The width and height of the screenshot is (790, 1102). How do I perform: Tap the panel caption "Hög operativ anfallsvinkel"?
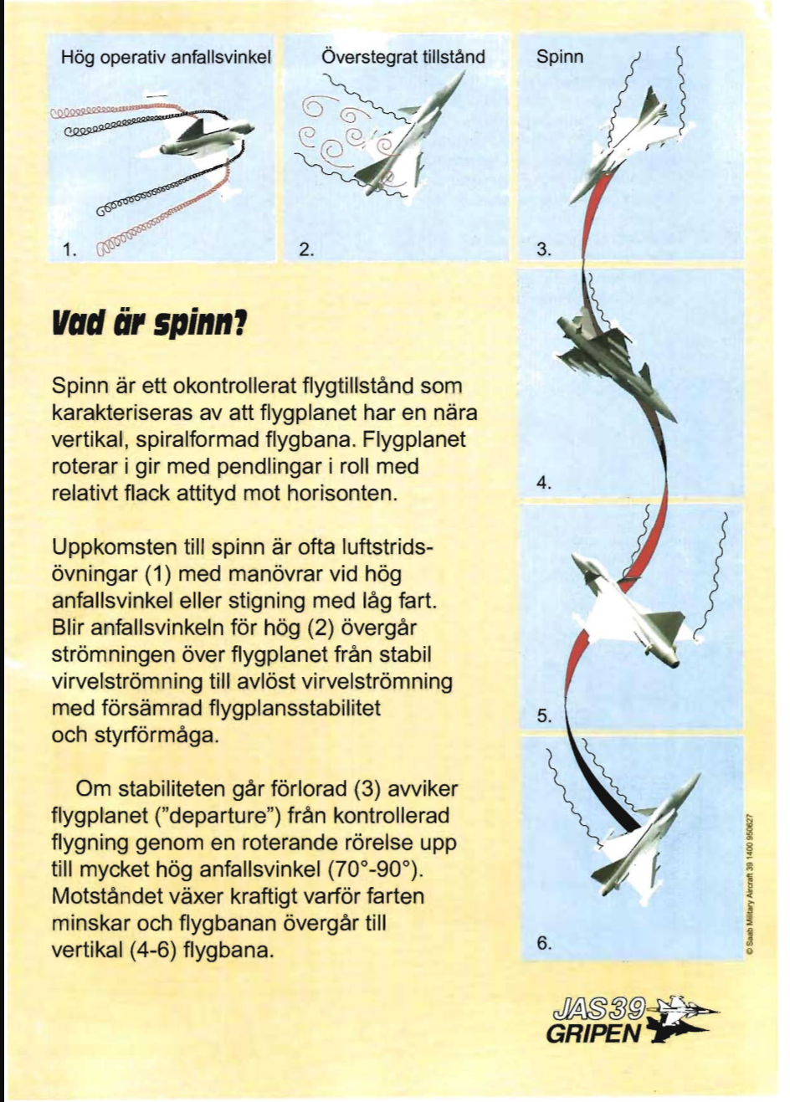tap(167, 58)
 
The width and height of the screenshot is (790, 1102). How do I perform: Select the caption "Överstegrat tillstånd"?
tap(403, 57)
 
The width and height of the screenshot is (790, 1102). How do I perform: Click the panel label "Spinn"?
tap(560, 57)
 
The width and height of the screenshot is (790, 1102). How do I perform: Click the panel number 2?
tap(306, 249)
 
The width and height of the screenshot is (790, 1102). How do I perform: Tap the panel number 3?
tap(544, 249)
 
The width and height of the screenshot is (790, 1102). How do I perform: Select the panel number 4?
tap(544, 483)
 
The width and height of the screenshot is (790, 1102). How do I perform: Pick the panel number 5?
tap(544, 715)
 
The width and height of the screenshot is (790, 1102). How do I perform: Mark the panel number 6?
tap(544, 943)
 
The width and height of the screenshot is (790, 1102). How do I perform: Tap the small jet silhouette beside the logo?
tap(682, 1017)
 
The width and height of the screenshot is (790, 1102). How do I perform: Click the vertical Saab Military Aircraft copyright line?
tap(751, 883)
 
